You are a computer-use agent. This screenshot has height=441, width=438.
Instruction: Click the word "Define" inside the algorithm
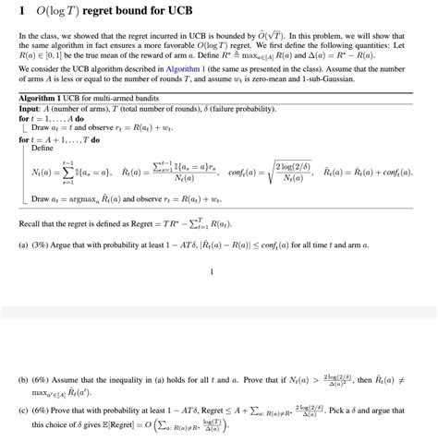(42, 148)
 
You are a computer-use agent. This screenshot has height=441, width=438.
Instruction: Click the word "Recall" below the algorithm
(32, 225)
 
